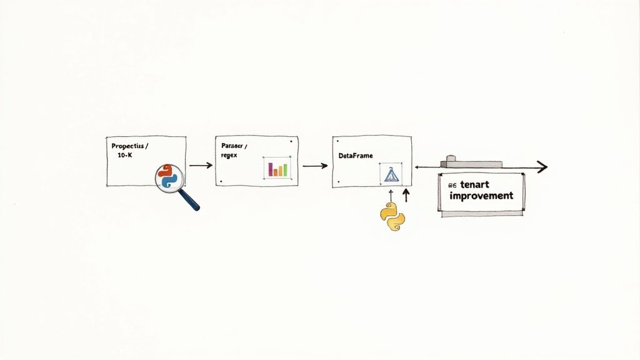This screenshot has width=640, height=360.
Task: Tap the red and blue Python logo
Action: [168, 176]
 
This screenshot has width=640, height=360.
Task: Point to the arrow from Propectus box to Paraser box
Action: [200, 166]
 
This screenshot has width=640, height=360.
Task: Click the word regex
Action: [229, 154]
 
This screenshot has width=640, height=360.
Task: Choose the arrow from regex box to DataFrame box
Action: [314, 166]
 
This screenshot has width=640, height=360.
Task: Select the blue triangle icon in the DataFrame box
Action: [391, 174]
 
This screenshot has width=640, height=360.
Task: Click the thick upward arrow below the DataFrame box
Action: [406, 196]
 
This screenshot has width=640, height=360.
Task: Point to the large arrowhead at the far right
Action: [541, 167]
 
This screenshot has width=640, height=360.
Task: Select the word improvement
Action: [481, 196]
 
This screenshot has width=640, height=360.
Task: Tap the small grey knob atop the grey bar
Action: [449, 159]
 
